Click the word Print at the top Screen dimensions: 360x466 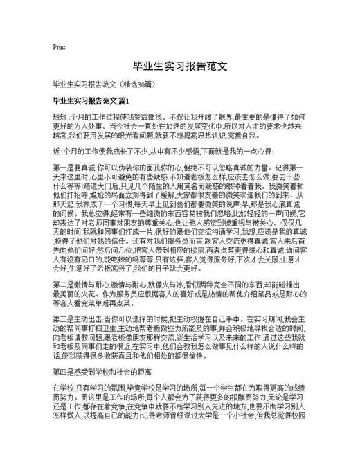pos(59,48)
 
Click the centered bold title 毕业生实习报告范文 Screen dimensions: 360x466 pos(180,68)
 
